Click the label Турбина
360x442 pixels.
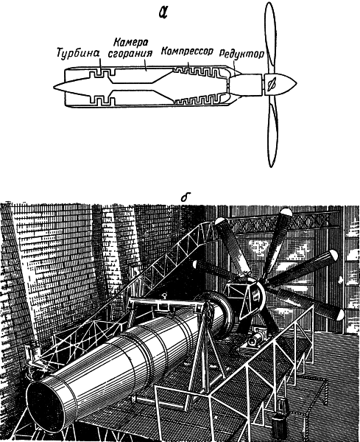point(78,53)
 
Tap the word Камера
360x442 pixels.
point(131,43)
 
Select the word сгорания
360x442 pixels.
point(130,54)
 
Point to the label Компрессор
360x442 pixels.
point(187,52)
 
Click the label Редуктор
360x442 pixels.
point(241,54)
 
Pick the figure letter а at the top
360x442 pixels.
point(163,12)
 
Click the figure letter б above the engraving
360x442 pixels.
point(185,197)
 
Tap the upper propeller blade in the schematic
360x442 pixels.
point(270,38)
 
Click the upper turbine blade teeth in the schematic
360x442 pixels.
point(102,73)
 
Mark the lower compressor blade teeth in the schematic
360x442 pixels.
point(200,99)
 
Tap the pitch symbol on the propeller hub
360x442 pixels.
point(272,84)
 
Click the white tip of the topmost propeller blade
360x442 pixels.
point(286,211)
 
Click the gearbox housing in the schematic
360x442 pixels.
point(245,85)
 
